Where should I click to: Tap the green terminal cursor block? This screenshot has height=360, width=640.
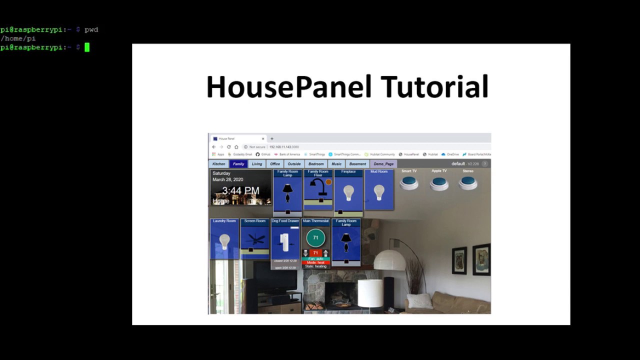[x=87, y=47]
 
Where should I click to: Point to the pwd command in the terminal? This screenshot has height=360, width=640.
[x=91, y=29]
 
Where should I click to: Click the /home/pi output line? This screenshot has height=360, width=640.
[x=18, y=38]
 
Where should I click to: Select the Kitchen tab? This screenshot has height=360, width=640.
[x=218, y=164]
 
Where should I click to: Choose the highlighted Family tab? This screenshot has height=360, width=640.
[x=238, y=164]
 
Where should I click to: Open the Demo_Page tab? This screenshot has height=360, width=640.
[x=383, y=164]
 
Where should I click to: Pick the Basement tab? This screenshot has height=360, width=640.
[x=357, y=164]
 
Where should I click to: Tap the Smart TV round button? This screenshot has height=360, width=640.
[x=409, y=182]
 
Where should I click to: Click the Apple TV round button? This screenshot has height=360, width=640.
[x=439, y=182]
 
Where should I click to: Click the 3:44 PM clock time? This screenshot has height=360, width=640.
[x=241, y=190]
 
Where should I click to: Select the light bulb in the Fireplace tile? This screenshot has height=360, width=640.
[x=348, y=192]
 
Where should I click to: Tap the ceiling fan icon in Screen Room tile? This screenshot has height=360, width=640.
[x=255, y=239]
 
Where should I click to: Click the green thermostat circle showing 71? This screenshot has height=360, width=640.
[x=315, y=238]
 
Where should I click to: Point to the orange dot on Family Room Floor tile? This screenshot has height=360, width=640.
[x=328, y=182]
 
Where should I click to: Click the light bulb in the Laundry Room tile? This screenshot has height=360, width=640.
[x=224, y=241]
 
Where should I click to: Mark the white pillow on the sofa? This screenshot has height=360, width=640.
[x=419, y=300]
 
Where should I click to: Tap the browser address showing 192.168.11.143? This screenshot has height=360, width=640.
[x=284, y=147]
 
